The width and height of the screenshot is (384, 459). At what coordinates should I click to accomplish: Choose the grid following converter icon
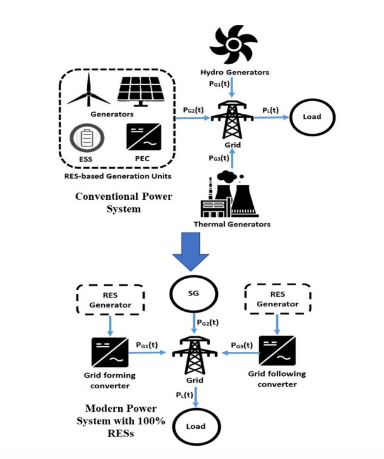click(276, 352)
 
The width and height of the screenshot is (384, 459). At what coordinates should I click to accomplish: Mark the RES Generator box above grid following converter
click(276, 300)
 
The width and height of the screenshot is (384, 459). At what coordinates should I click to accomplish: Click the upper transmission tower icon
click(231, 119)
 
